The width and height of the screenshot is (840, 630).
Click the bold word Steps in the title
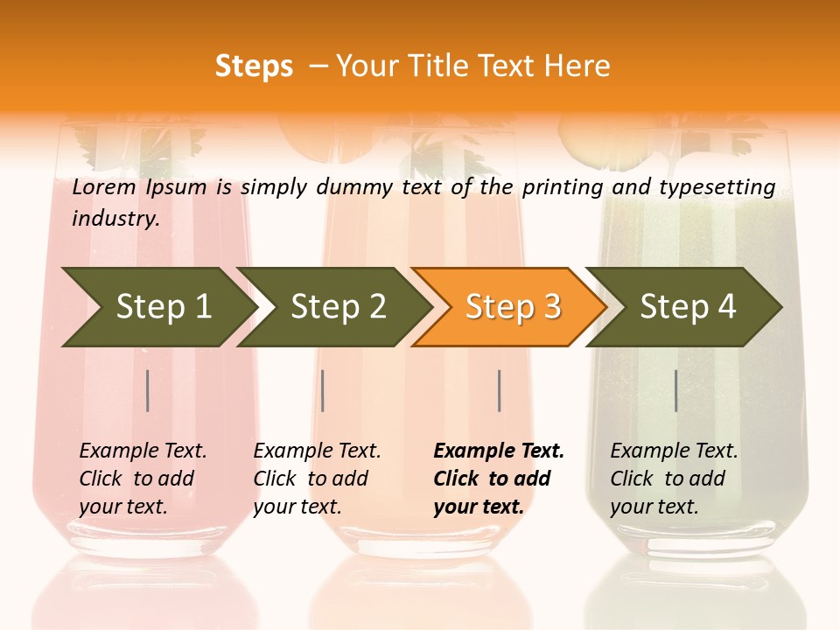point(254,66)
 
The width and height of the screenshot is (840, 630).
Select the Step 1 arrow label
point(164,306)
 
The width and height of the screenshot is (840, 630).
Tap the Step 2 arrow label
point(339,306)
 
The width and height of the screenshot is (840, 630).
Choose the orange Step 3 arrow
point(513,306)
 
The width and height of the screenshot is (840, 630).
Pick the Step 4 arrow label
point(688,306)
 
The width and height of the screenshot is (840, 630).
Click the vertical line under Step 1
point(148,390)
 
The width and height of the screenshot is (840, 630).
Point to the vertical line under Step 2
point(323,390)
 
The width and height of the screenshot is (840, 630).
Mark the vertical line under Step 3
point(499,390)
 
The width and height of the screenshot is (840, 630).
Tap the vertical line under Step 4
point(675,390)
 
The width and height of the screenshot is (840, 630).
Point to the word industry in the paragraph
point(115,219)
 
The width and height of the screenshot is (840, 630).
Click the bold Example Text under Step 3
point(499,451)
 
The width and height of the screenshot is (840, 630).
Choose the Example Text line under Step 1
point(143,451)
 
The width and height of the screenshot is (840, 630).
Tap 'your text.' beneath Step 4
point(654,507)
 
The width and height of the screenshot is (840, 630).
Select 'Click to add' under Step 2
point(311,479)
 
